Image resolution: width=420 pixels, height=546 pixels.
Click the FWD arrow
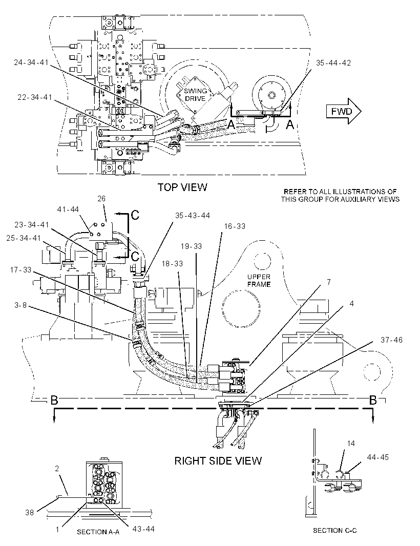pos(343,112)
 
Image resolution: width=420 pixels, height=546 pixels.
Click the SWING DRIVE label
pos(195,95)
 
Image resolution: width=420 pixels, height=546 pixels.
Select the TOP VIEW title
pos(182,187)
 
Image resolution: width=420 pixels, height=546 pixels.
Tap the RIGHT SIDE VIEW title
pos(218,460)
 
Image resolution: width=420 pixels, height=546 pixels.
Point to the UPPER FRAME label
pos(259,280)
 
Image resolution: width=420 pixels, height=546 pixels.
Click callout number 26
pos(101,199)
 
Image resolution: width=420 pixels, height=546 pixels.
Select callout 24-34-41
pos(31,62)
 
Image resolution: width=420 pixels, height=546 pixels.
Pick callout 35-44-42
pos(333,63)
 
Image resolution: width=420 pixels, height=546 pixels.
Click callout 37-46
pos(391,340)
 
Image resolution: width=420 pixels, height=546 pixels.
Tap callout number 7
pos(329,282)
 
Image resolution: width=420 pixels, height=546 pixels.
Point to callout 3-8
pos(20,305)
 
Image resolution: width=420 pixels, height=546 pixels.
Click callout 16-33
pos(235,226)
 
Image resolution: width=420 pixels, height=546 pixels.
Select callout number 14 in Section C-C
pos(351,443)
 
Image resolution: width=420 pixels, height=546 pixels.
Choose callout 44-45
pos(377,457)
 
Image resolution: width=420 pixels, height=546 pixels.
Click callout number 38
pos(29,512)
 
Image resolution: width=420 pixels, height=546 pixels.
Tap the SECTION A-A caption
pos(98,532)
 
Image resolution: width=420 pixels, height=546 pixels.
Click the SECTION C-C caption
pos(334,530)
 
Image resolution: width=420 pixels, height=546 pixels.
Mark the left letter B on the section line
pos(54,400)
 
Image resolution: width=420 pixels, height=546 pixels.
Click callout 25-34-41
pos(24,238)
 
